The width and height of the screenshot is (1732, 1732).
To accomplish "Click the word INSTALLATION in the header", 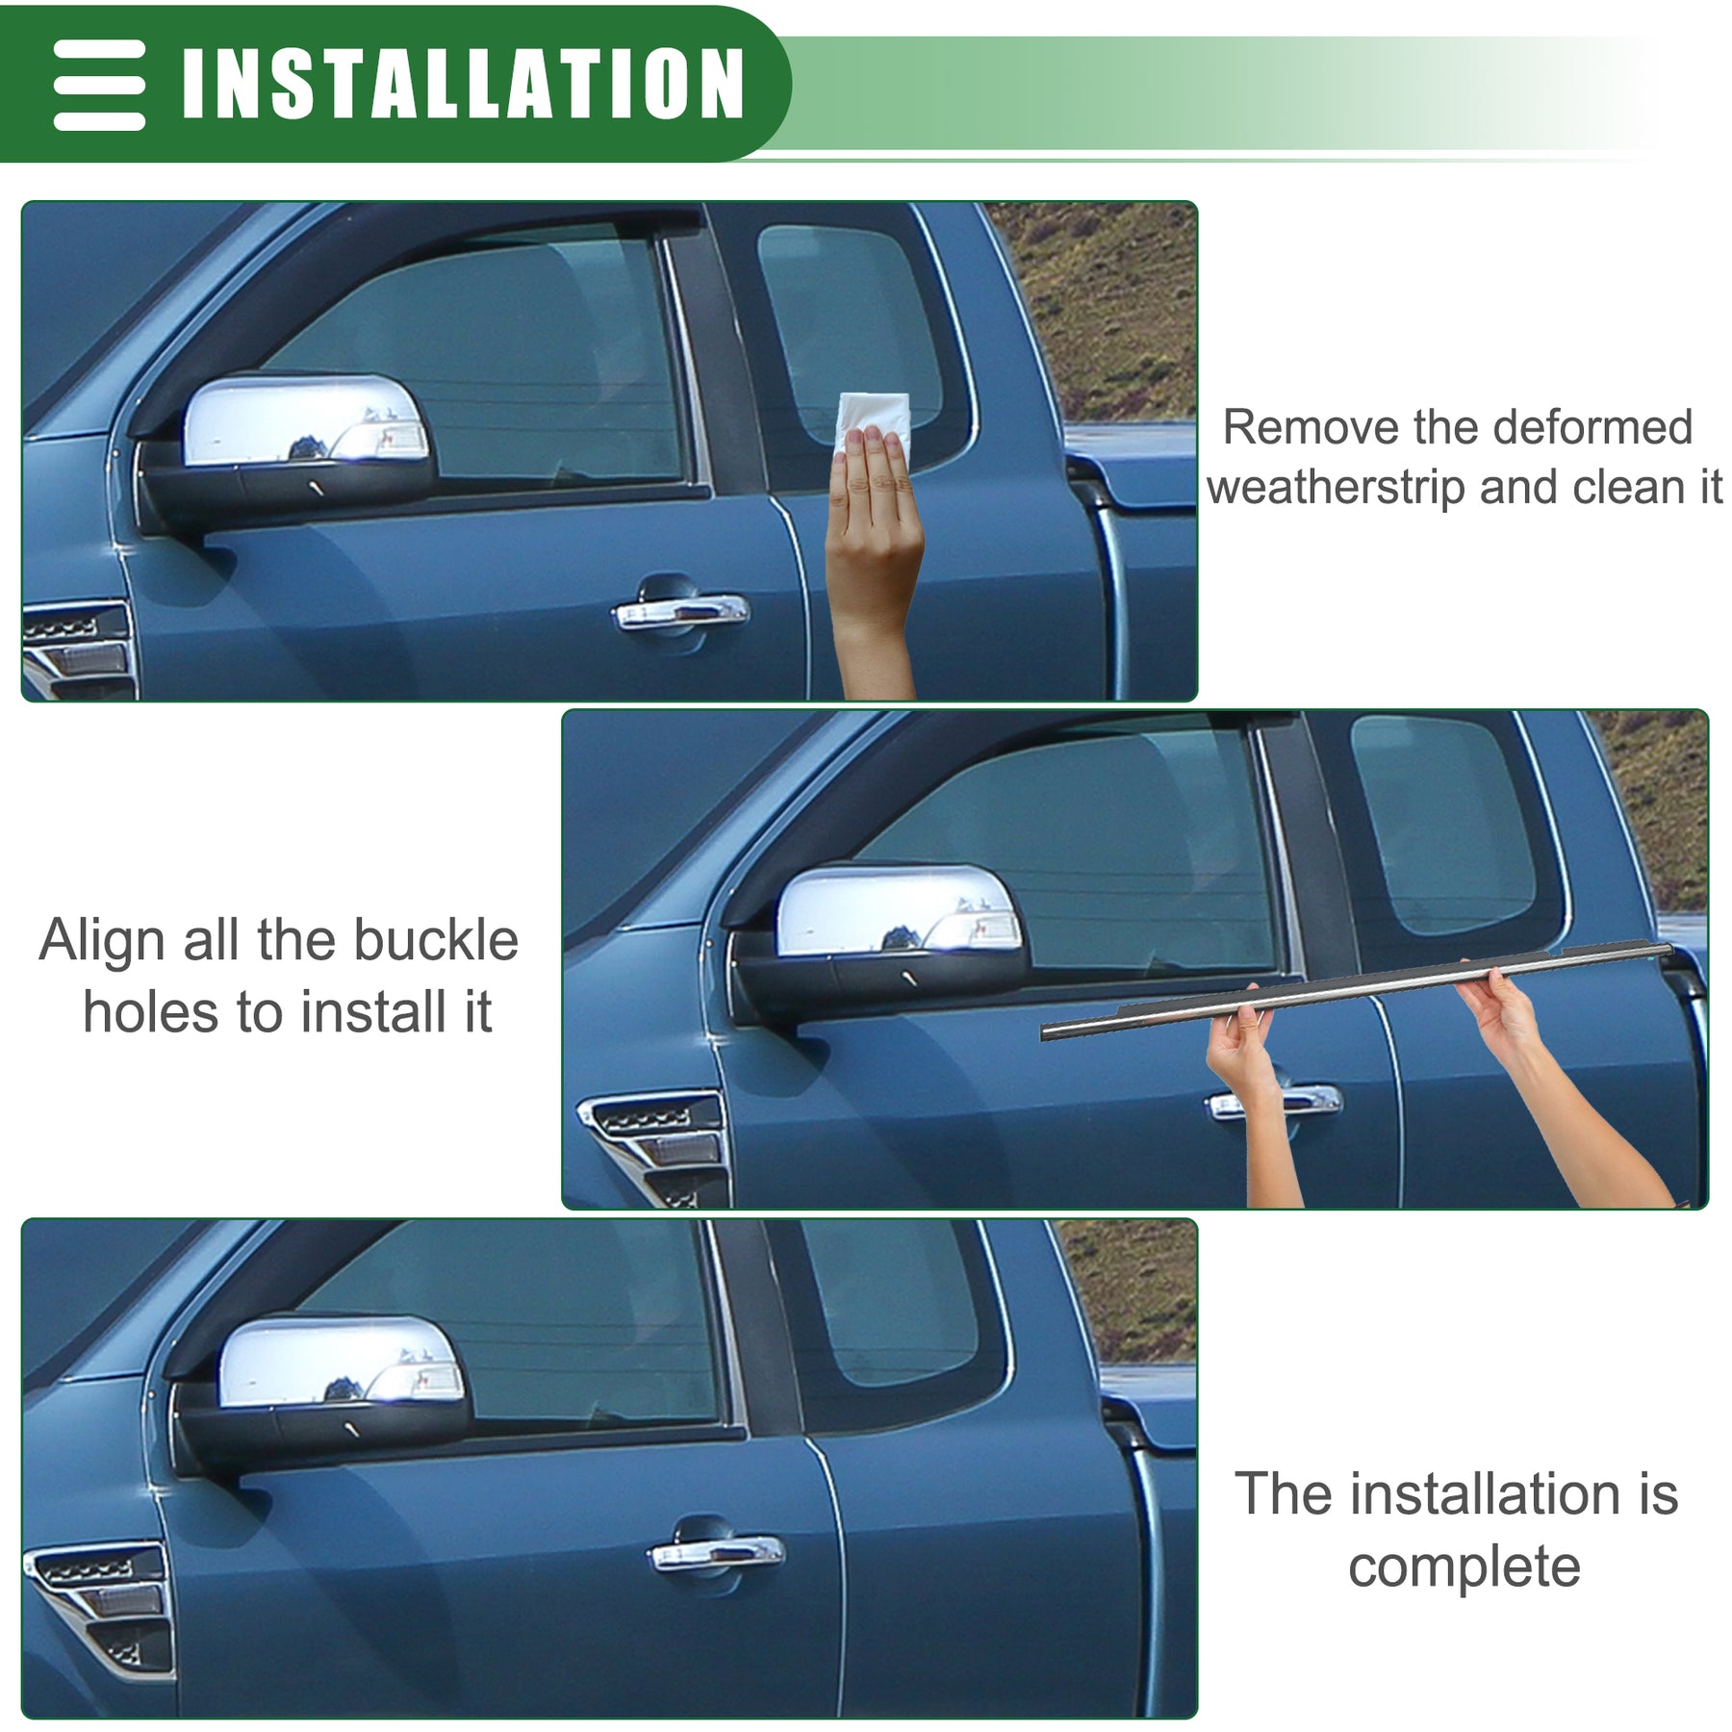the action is (463, 83).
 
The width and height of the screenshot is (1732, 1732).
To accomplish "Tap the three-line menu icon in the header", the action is (99, 85).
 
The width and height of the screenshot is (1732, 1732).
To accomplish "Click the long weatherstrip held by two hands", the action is (1357, 990).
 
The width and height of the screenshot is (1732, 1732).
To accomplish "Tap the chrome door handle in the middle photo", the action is (1274, 1102).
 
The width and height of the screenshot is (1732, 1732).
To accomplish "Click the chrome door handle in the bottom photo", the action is (717, 1551).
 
